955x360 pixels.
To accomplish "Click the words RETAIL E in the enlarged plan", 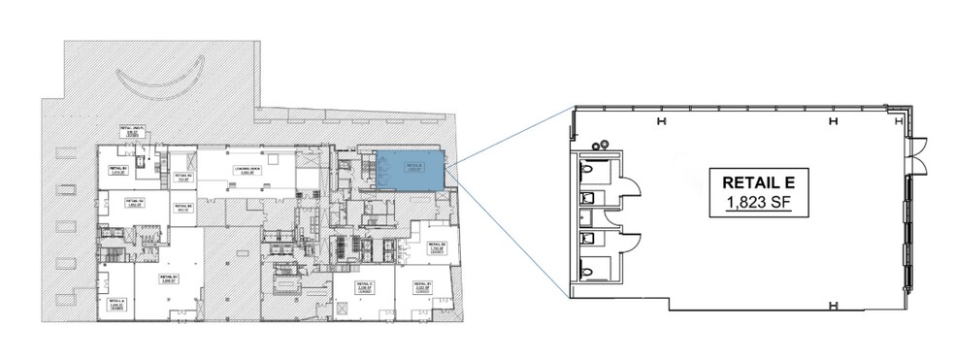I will click(x=750, y=181).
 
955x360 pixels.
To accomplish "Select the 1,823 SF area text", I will click(x=750, y=203).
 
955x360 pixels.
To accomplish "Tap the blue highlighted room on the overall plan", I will click(x=410, y=171).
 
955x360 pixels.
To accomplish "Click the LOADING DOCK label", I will click(x=248, y=173).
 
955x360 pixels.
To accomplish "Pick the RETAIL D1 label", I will click(x=422, y=287).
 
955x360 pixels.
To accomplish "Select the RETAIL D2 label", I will click(x=436, y=247).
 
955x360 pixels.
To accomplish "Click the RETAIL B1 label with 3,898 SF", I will click(x=171, y=278).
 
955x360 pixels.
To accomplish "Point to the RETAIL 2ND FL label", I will click(x=133, y=131).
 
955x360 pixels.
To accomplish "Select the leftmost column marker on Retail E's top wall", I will click(x=661, y=121).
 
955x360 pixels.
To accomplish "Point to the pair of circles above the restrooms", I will click(x=600, y=143).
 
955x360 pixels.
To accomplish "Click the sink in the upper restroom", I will click(x=584, y=197).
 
